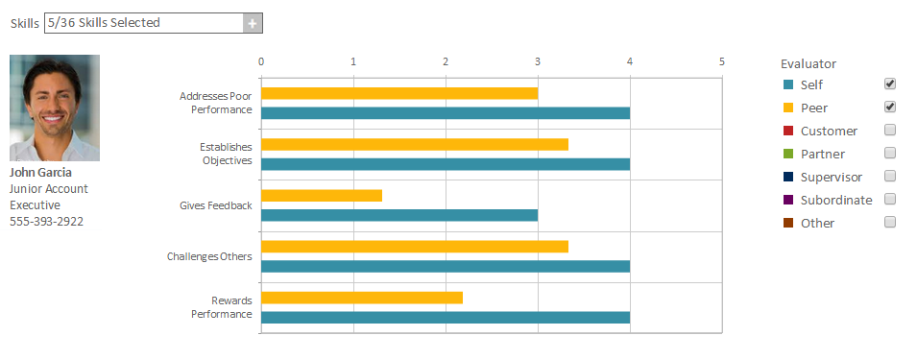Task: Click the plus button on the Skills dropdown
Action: coord(253,23)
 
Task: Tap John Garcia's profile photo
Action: coord(55,108)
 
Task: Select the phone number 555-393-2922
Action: coord(46,222)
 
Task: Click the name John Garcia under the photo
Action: coord(39,174)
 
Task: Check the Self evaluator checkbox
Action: coord(890,84)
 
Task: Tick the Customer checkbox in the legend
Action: coord(890,131)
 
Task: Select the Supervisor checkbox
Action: coord(890,177)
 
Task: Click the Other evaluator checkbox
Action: coord(890,223)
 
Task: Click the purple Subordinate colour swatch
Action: coord(787,201)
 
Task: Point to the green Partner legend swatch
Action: coord(787,155)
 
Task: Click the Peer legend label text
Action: coord(814,108)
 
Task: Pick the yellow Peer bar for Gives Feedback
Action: coord(322,196)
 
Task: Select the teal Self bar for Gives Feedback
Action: coord(399,215)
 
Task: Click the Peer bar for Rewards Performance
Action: coord(362,298)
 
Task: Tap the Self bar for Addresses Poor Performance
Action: coord(446,113)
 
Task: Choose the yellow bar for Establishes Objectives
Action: coord(415,145)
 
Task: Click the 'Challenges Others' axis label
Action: coord(209,256)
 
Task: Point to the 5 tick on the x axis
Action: coord(721,61)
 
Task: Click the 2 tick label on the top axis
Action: coord(446,61)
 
